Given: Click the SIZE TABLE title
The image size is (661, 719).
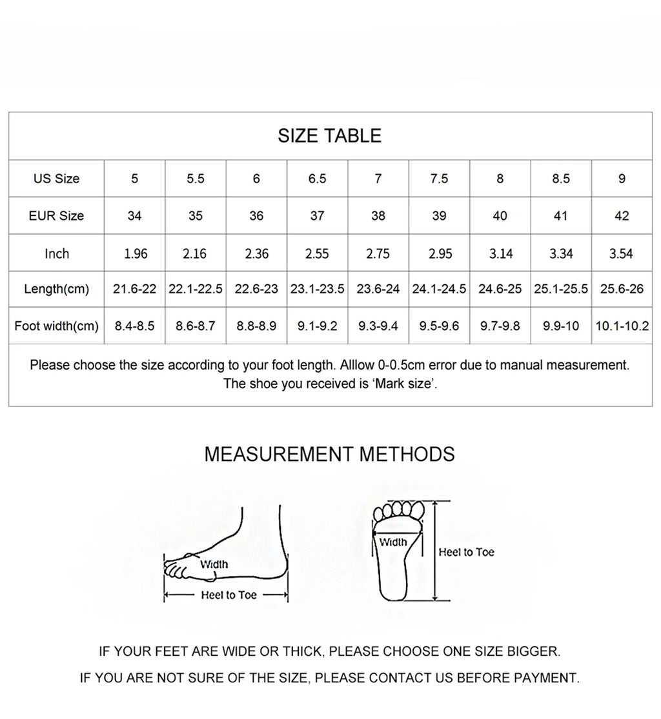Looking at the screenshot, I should coord(329,136).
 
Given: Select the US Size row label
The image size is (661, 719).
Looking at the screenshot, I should coord(56,179).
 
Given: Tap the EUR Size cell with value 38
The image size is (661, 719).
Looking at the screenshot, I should coord(378,216).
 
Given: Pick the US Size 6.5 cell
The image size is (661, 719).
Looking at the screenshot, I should coord(317,179).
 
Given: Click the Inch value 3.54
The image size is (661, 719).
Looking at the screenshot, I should coord(621,254).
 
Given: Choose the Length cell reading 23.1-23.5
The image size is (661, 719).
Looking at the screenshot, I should coord(317,289).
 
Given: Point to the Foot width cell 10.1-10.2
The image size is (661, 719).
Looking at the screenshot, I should coord(622,326).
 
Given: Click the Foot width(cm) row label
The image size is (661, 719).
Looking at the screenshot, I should coord(56,326).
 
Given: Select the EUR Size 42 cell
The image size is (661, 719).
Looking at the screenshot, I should coord(622,216).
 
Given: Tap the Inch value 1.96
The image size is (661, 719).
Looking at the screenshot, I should coord(136,254).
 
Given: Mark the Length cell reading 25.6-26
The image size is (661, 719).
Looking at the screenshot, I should coord(622,289).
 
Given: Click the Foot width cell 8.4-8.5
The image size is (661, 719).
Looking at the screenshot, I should coord(135,326).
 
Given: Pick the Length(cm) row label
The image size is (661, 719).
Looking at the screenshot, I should coord(56,289).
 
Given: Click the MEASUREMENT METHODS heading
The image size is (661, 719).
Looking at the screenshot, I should coord(329,454).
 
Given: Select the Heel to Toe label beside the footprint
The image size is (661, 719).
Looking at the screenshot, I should coord(466,552).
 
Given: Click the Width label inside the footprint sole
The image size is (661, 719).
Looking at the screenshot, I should coord(392,542).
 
